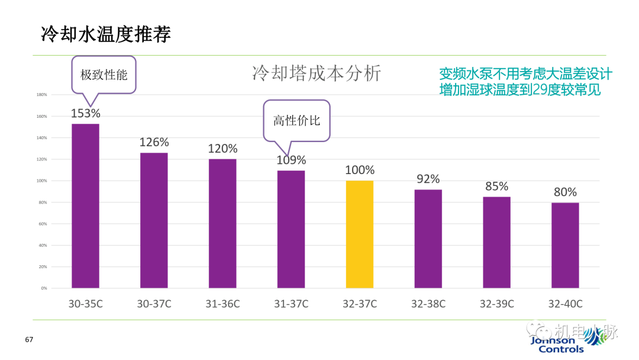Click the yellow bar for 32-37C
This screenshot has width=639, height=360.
pos(359,234)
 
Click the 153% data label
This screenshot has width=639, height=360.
pos(85,113)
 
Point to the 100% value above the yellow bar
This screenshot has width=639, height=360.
pos(360,171)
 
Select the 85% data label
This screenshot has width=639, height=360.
pos(496,187)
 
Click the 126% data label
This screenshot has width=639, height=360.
pos(154,143)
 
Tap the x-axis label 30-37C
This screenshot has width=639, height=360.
pos(154,304)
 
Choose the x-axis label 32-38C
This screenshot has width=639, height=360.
pos(428,304)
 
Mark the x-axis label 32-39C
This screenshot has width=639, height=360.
pos(496,304)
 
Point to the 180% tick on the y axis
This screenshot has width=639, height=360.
pos(42,95)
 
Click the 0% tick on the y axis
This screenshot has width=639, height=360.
pos(44,288)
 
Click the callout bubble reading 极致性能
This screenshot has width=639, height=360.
pos(104,75)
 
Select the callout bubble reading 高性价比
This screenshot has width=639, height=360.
pos(296,120)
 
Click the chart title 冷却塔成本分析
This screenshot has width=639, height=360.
pos(317,73)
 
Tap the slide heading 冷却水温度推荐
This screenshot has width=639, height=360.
pos(106,34)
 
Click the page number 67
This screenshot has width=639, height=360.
pos(29,340)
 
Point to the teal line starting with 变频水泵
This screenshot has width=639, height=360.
pos(525,74)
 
